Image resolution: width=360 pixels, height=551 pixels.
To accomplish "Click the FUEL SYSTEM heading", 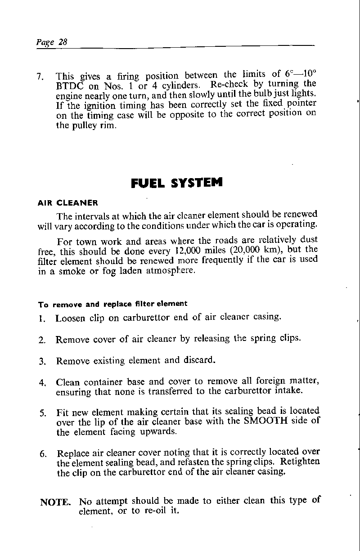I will (x=177, y=184).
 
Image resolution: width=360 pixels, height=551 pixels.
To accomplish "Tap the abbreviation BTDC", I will (x=69, y=85).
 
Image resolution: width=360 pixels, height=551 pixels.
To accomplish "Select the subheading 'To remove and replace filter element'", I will (x=112, y=304).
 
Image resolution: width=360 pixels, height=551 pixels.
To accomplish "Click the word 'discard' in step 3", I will (x=198, y=360).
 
